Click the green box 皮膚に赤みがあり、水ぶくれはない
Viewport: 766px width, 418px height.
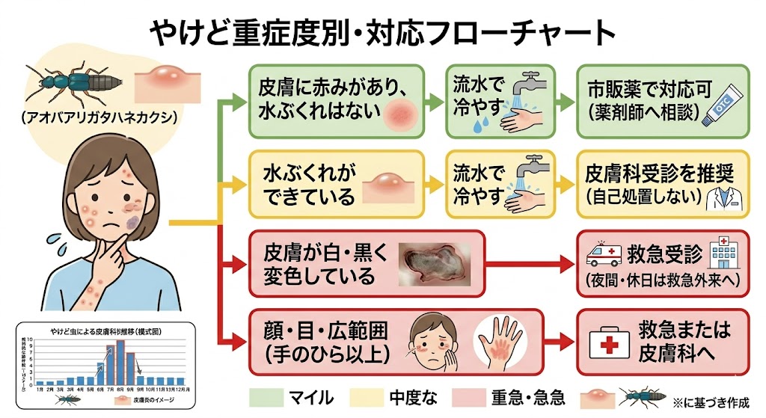(337, 101)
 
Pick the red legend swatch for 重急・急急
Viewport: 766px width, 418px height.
(468, 396)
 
